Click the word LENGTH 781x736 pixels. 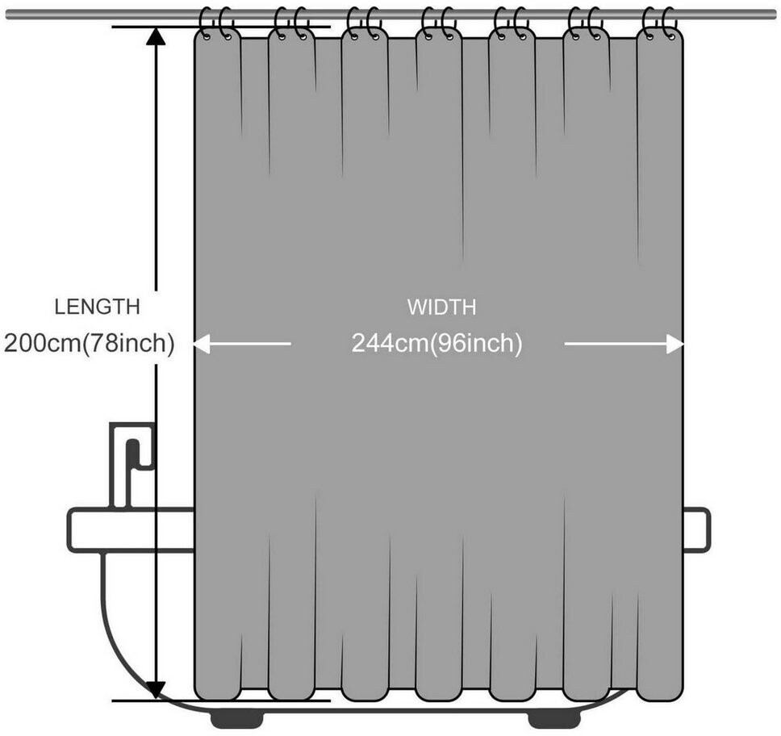(97, 307)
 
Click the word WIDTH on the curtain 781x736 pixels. (442, 307)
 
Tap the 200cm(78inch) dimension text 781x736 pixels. (90, 343)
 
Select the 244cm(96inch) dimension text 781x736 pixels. (436, 343)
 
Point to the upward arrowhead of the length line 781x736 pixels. (156, 36)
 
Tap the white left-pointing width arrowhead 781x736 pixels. (201, 344)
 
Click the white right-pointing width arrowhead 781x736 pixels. (675, 344)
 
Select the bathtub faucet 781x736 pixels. (132, 464)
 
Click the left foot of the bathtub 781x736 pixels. (236, 719)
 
